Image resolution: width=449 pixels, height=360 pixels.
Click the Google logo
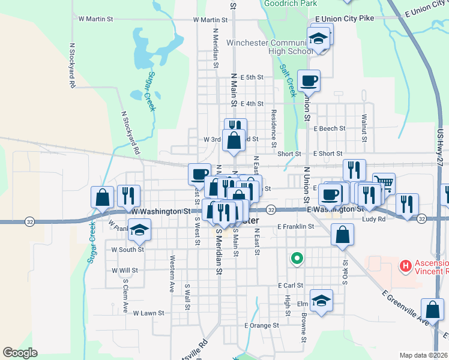point(20,353)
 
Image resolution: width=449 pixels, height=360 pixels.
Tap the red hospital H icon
point(406,265)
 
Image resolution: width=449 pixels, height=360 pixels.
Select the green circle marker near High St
point(295,259)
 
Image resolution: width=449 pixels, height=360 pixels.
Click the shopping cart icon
point(384,182)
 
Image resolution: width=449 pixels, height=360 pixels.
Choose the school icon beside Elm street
point(321,299)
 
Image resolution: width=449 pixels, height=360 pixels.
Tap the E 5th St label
point(252,77)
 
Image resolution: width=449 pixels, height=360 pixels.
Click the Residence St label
point(273,128)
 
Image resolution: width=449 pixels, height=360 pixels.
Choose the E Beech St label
point(330,128)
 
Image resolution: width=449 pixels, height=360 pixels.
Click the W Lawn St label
point(148,313)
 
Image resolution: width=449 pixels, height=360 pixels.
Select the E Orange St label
point(262,325)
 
